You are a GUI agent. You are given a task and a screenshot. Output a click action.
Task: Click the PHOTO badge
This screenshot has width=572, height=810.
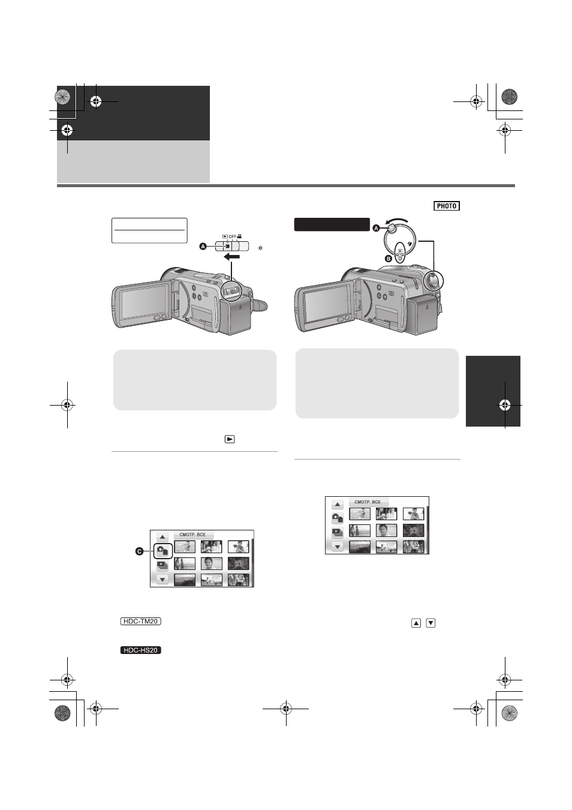pyautogui.click(x=447, y=206)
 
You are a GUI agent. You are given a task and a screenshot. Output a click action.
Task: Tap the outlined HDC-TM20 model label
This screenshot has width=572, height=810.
pyautogui.click(x=140, y=621)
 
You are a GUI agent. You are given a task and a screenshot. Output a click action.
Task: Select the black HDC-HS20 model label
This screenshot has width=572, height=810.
pyautogui.click(x=140, y=650)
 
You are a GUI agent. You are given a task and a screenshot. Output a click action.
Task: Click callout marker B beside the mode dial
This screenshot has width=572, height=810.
pyautogui.click(x=388, y=259)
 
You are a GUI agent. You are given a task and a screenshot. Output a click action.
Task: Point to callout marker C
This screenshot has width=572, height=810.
pyautogui.click(x=139, y=551)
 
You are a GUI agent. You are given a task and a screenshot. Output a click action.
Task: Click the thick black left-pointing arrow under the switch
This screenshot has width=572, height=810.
pyautogui.click(x=231, y=257)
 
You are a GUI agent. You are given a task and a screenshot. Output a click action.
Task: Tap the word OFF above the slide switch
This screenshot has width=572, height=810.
pyautogui.click(x=233, y=237)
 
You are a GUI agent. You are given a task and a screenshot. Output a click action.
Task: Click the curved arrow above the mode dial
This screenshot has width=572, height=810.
pyautogui.click(x=397, y=221)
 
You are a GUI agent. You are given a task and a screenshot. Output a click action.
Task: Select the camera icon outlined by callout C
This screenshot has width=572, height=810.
pyautogui.click(x=162, y=551)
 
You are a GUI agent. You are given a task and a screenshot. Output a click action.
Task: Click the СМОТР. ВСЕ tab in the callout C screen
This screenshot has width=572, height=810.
pyautogui.click(x=193, y=535)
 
